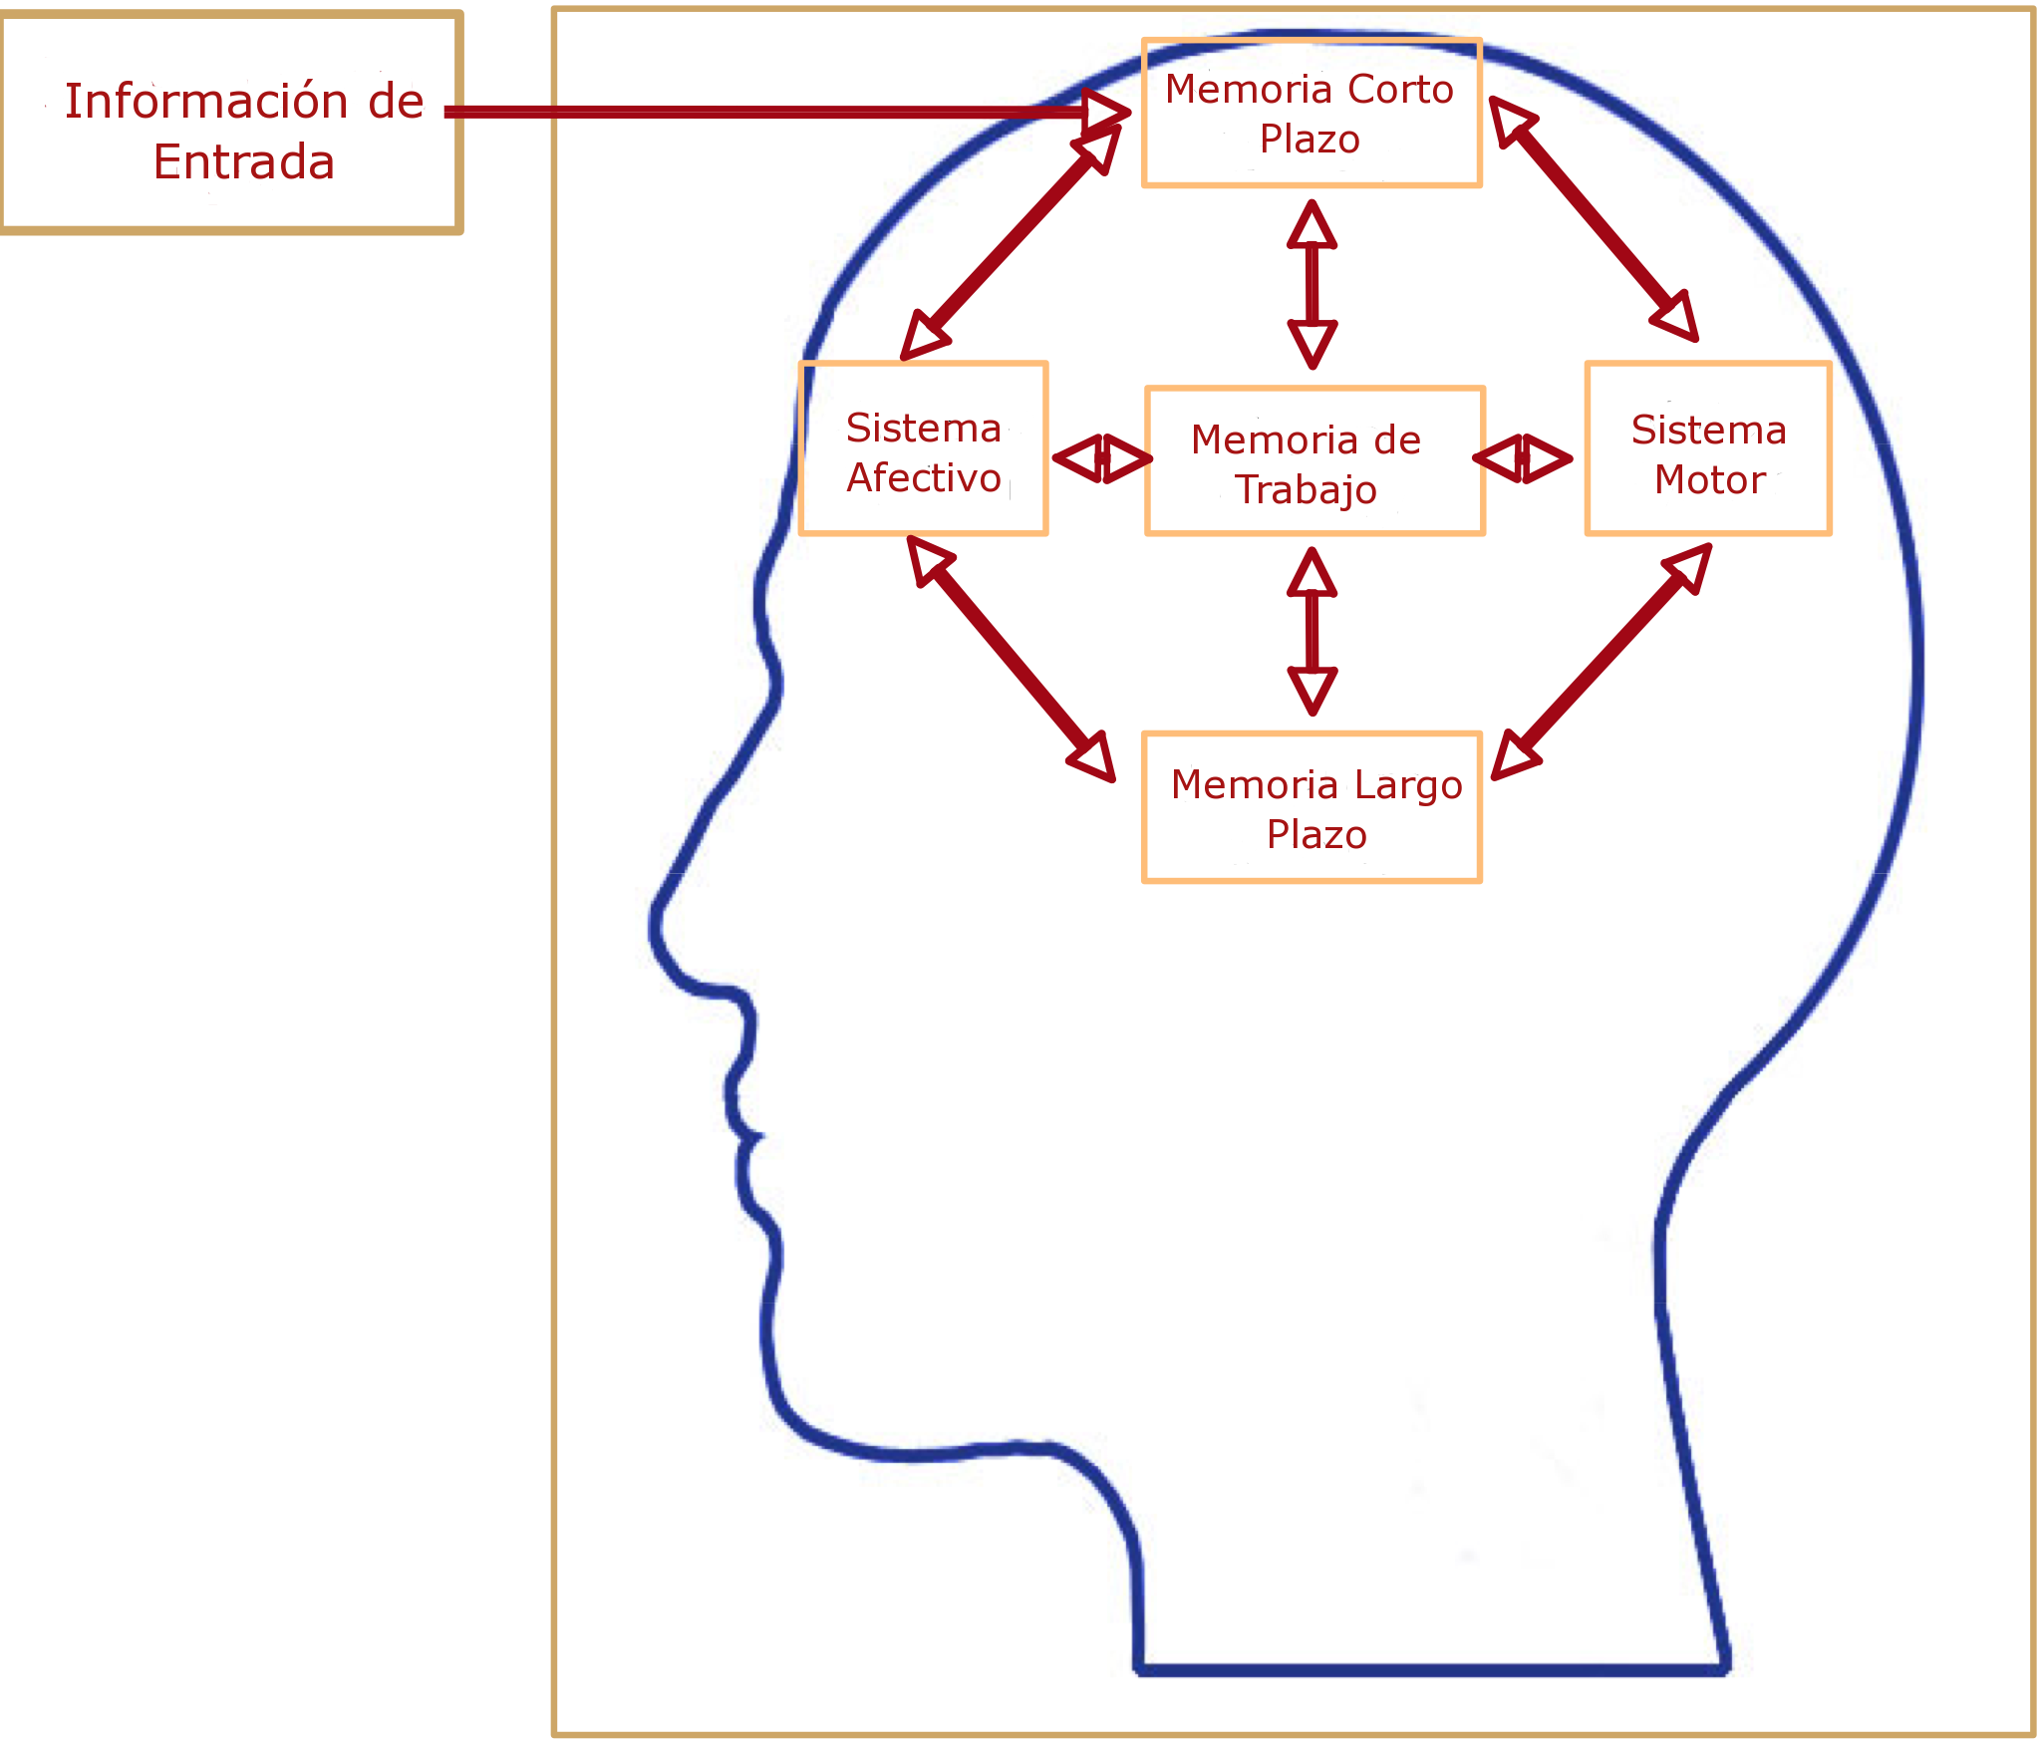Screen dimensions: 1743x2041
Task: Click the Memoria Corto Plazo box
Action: [1312, 113]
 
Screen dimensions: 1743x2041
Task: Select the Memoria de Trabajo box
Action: [1314, 460]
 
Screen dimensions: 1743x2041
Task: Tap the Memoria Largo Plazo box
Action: [1312, 807]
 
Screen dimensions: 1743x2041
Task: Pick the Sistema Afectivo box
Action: [923, 448]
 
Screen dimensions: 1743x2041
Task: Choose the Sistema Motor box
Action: [1708, 448]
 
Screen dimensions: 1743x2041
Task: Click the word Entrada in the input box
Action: [244, 162]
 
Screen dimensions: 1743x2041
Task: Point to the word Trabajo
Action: [1306, 490]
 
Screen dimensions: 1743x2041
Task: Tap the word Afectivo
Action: [924, 478]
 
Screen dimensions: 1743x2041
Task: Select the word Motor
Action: [1710, 480]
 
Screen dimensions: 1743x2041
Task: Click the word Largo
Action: [1408, 785]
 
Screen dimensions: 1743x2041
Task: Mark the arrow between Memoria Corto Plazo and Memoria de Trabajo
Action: [1312, 284]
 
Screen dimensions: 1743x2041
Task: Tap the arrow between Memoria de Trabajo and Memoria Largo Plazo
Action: [1312, 631]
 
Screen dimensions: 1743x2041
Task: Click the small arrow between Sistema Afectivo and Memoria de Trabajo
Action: [1102, 458]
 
